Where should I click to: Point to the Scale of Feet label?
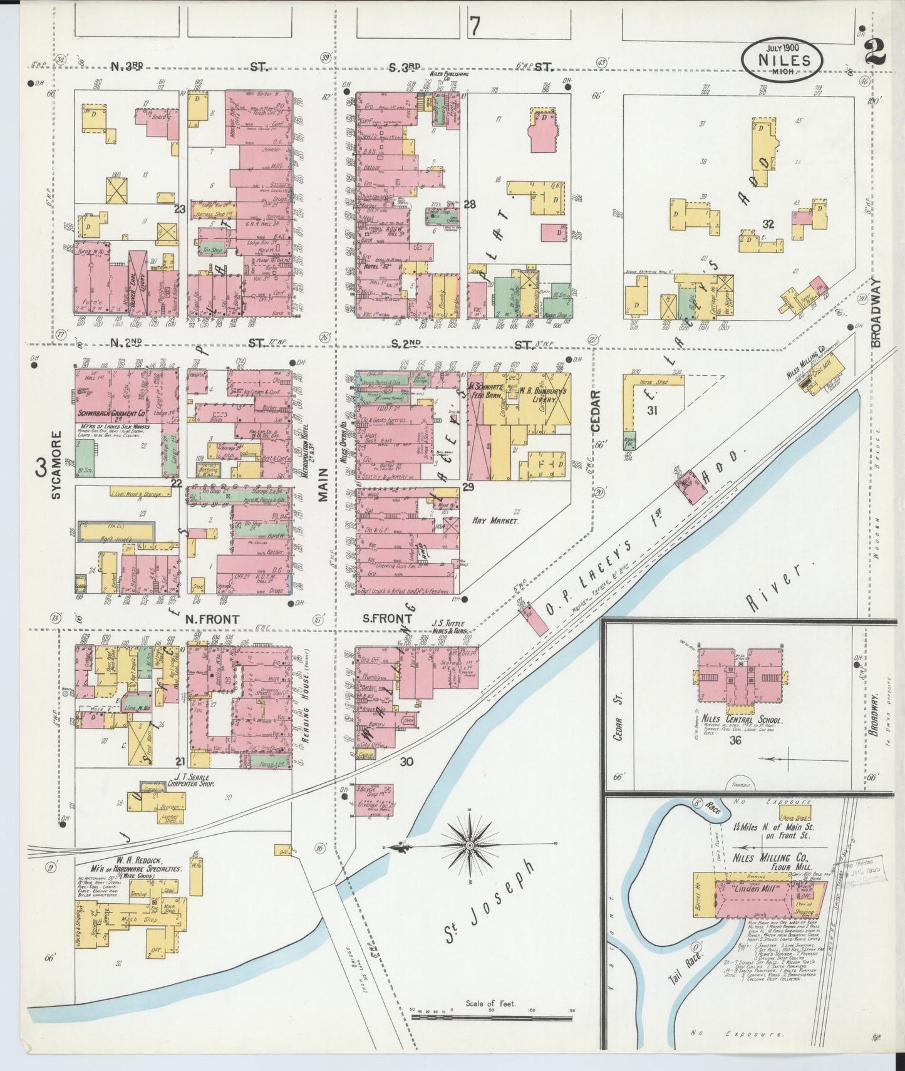pos(490,1003)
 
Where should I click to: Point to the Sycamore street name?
pos(56,464)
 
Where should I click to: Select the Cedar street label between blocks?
pos(596,411)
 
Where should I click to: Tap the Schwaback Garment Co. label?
pos(120,414)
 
